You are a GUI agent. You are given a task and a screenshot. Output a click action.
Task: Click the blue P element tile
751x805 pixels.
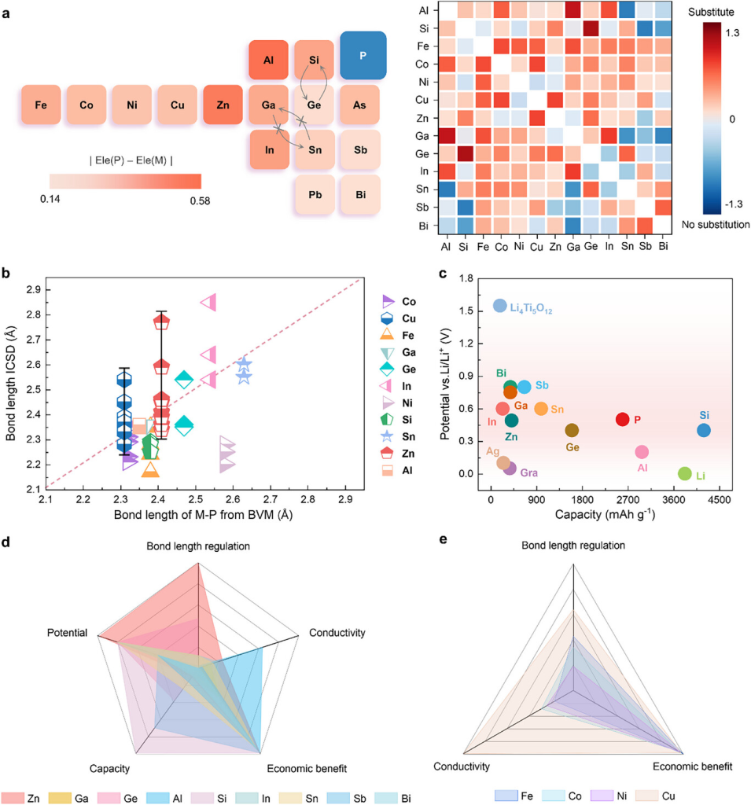point(363,55)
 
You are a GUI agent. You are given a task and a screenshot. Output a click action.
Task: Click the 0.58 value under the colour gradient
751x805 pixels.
point(200,200)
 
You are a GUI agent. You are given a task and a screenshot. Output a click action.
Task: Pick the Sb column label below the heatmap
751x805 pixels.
point(643,247)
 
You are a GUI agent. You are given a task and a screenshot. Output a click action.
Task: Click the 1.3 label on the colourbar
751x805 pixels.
point(729,34)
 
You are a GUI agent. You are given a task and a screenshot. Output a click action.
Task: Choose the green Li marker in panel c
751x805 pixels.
point(685,474)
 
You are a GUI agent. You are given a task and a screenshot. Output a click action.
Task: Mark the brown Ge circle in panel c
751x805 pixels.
point(572,430)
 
